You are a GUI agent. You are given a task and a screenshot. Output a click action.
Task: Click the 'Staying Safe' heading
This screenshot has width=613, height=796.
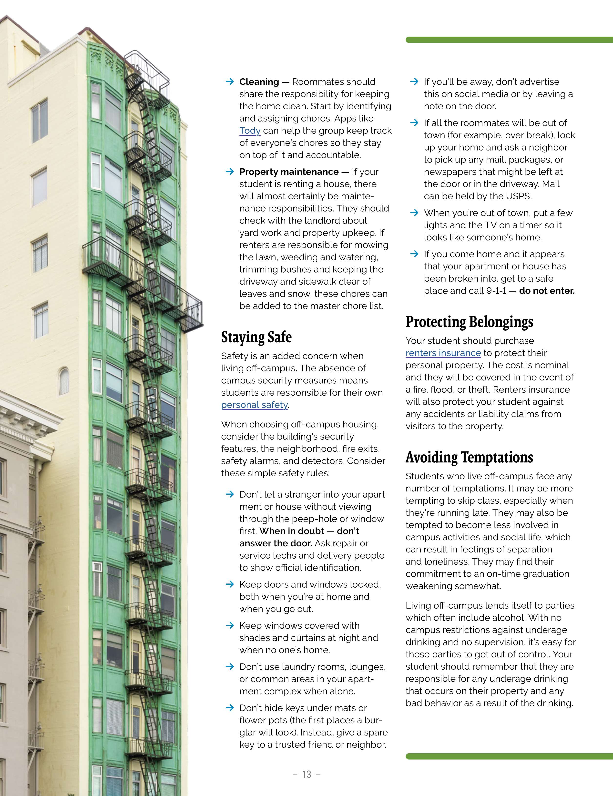256,337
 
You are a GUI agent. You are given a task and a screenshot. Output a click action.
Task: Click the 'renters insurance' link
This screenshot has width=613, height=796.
443,353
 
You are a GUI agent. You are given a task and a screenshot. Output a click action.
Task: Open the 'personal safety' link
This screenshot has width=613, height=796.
254,405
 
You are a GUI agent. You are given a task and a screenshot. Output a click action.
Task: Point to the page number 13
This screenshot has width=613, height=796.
306,774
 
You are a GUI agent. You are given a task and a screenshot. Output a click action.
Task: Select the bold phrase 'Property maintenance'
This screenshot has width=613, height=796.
289,172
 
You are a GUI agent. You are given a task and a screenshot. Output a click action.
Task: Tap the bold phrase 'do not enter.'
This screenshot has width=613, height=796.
547,291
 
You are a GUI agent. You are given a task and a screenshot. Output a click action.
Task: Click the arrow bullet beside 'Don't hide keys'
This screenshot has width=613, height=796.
230,708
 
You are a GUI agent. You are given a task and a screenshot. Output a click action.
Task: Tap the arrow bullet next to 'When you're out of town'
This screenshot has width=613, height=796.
414,213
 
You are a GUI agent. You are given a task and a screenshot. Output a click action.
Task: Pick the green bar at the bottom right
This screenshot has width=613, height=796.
509,757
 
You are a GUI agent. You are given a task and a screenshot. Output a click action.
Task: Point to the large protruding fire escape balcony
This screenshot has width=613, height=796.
142,277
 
